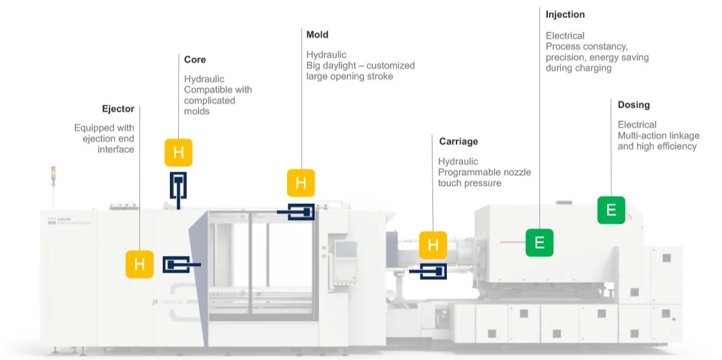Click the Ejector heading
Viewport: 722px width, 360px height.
coord(118,109)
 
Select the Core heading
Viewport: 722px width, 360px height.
coord(195,60)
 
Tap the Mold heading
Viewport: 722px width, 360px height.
coord(317,35)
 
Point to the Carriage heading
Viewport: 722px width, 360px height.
coord(458,142)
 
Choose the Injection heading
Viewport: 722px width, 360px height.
coord(565,14)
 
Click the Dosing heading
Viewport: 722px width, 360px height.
coord(633,105)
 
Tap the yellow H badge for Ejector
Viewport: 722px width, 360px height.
coord(139,264)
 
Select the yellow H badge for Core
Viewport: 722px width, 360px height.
coord(178,152)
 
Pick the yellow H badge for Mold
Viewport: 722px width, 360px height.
coord(301,183)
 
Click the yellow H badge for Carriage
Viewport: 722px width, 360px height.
coord(433,245)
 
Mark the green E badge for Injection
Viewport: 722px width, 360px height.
coord(540,243)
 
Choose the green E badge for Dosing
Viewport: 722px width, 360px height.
coord(611,210)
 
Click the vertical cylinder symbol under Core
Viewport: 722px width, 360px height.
coord(178,188)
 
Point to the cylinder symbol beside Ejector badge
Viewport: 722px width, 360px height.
coord(179,264)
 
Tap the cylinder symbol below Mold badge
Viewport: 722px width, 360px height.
coord(298,212)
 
